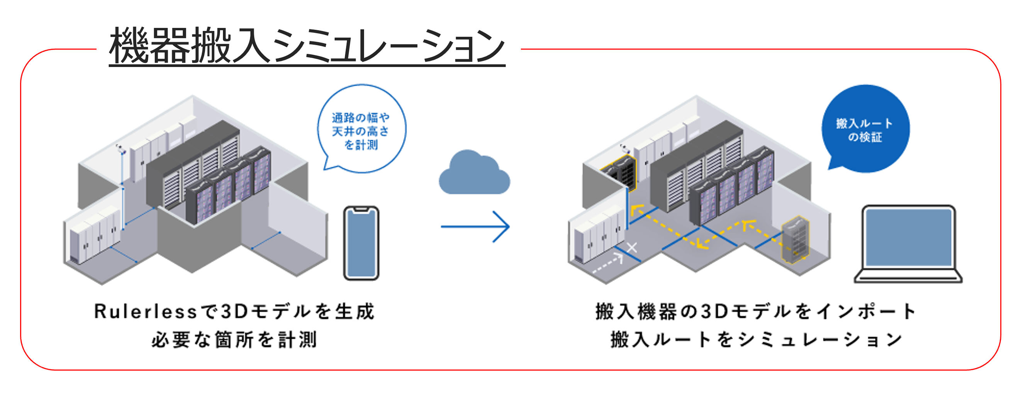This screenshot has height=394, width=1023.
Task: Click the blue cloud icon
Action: click(474, 174)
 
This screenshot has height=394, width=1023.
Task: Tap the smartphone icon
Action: click(361, 243)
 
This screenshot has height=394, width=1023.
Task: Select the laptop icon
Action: click(908, 243)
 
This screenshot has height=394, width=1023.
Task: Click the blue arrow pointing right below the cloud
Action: click(475, 226)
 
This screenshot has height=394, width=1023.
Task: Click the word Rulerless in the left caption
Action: click(145, 311)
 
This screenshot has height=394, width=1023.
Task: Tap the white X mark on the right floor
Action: click(632, 248)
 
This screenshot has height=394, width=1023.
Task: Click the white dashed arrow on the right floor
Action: click(608, 265)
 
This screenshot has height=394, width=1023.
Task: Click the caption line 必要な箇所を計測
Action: click(234, 340)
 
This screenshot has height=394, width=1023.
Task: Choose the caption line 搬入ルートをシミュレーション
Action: click(757, 340)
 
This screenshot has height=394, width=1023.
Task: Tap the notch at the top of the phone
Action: click(361, 209)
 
